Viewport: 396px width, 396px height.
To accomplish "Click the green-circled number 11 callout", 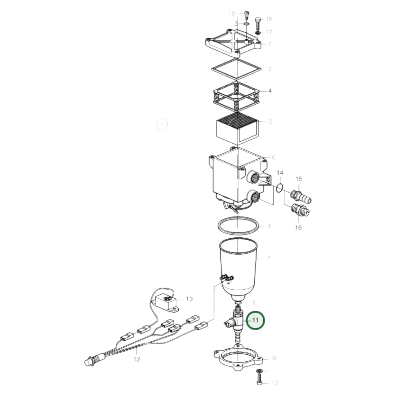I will click(255, 320).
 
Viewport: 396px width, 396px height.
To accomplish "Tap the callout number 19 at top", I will click(232, 13).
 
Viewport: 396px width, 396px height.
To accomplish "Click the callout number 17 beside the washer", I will click(269, 32).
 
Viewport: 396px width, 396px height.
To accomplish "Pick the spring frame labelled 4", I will click(236, 95).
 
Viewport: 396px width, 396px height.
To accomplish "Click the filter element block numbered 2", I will click(237, 129).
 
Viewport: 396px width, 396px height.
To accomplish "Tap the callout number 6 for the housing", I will click(274, 157).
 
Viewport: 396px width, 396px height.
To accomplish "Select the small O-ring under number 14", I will click(279, 188).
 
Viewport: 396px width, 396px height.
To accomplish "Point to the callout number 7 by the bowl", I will click(269, 258).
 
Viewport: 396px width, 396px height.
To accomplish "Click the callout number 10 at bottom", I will click(275, 382).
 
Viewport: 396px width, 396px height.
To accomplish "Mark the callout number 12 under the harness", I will click(137, 359).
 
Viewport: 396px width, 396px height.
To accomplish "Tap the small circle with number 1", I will click(162, 124).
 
